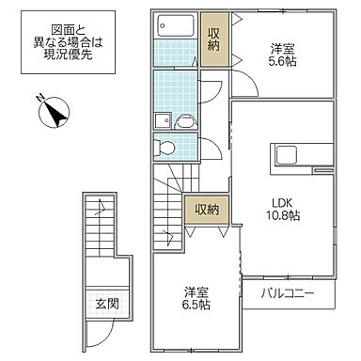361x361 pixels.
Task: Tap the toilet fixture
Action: (167, 146)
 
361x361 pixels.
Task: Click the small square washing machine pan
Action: (162, 120)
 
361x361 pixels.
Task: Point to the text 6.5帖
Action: (196, 305)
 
